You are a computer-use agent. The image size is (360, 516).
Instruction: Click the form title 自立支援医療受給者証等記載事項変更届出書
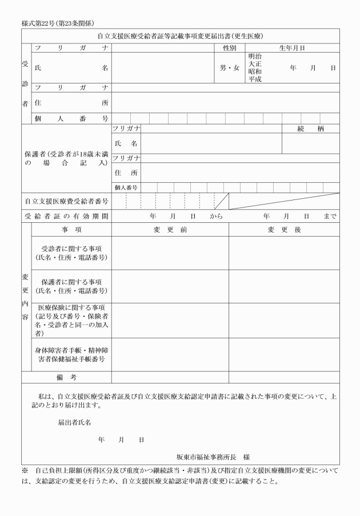tap(180, 36)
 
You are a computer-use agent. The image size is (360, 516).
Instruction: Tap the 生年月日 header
tap(291, 48)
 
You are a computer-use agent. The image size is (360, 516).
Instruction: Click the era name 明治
tap(255, 57)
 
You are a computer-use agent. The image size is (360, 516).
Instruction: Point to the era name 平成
tap(255, 79)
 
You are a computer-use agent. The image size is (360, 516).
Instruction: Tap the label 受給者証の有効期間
tap(67, 217)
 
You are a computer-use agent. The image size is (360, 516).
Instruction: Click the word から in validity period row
tap(216, 217)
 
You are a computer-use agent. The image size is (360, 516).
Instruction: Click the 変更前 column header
tap(170, 230)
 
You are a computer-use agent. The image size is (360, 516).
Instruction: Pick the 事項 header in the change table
tap(71, 230)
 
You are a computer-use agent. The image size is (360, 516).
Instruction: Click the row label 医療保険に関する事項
tap(71, 307)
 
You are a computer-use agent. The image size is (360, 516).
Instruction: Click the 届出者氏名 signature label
tap(74, 423)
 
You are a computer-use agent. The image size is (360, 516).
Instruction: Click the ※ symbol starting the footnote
tap(25, 471)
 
